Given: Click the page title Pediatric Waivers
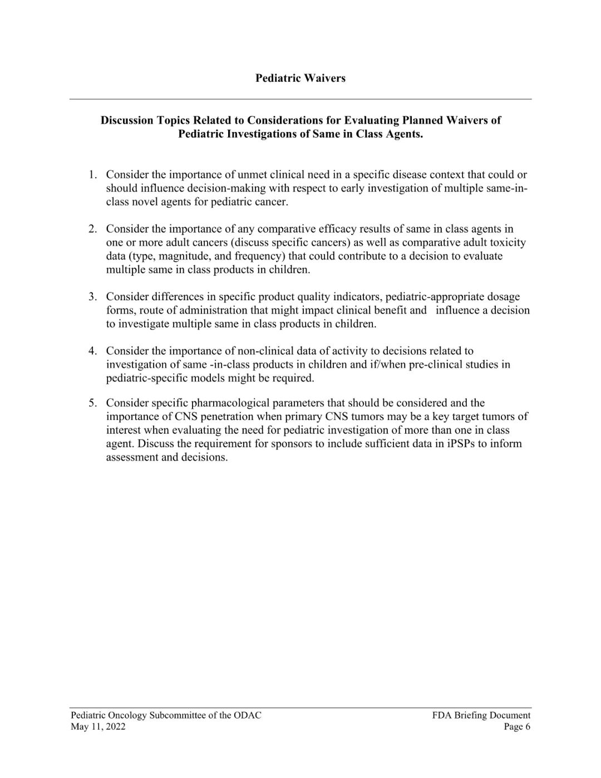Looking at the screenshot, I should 300,78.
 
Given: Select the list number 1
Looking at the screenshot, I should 92,175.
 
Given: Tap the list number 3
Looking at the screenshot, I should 92,297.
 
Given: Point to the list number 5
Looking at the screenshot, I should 92,403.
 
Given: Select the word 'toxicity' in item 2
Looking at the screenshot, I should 508,243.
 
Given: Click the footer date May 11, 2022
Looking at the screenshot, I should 98,727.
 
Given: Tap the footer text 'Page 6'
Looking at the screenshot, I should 517,727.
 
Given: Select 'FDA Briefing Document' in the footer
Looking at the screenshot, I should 481,716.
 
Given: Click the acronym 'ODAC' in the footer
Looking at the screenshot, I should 248,716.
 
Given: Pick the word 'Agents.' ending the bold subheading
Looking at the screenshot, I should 403,134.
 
